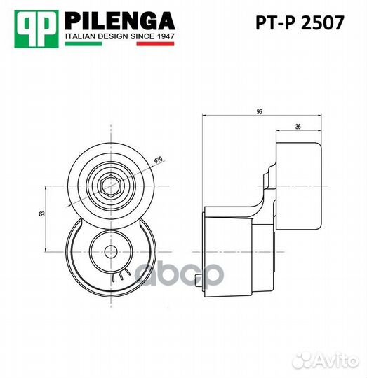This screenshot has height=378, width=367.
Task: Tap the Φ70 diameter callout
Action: (158, 160)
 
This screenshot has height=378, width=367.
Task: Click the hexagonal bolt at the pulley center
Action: (110, 186)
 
